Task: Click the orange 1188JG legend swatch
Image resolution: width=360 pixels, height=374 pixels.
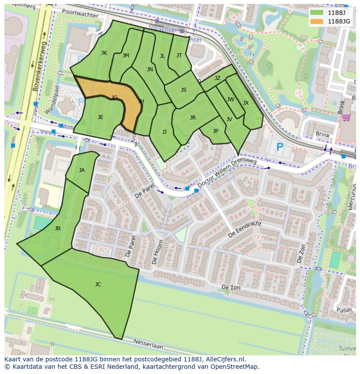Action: point(316,21)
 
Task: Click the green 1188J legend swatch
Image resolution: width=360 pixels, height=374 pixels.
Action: point(316,13)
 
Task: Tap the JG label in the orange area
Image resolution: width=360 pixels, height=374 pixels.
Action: point(114,98)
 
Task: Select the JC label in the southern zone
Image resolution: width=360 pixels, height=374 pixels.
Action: point(98,285)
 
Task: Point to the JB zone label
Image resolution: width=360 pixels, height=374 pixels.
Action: point(57,228)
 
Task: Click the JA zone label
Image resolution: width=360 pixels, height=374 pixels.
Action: point(82,170)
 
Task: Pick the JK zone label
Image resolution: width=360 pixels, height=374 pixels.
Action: point(104,53)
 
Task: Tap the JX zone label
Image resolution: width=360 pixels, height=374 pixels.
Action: point(246,103)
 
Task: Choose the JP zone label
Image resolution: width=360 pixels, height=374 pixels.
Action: point(215,131)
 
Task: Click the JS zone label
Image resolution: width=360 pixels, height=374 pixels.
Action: point(183,90)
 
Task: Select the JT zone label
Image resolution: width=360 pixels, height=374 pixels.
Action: point(179,56)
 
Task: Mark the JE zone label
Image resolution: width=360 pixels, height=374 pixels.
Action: point(100,117)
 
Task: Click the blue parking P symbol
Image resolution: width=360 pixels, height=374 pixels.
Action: point(280,147)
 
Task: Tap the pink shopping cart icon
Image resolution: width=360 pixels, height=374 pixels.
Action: point(346,117)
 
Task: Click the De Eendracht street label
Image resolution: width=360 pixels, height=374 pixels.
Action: point(244,229)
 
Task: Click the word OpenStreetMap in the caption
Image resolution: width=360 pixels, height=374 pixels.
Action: point(234,367)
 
